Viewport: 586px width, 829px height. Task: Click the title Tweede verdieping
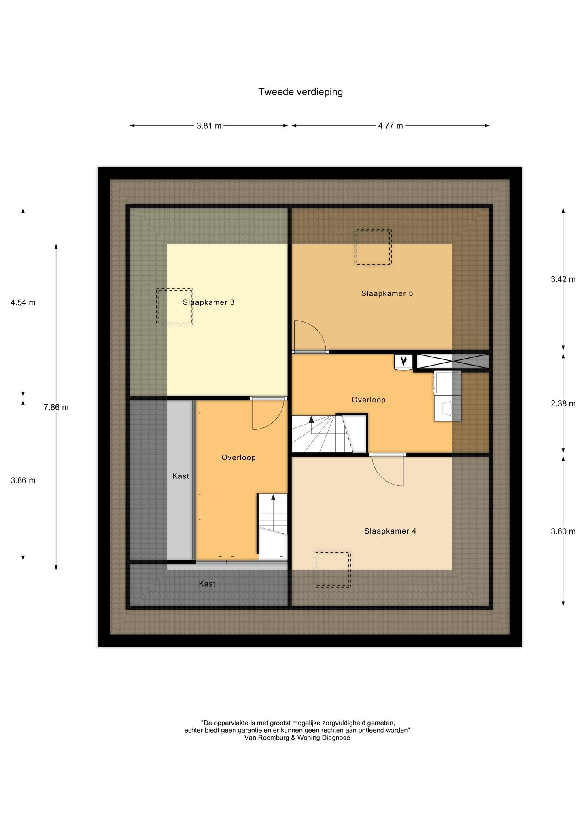point(301,92)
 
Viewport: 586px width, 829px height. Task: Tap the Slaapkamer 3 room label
point(208,302)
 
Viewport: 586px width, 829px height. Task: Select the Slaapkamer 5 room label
point(387,293)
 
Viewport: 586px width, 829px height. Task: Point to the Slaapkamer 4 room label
point(390,531)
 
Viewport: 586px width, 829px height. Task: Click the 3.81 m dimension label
point(209,125)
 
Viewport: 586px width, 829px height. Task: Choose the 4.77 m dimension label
point(391,125)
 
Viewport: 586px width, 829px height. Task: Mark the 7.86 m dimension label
point(56,407)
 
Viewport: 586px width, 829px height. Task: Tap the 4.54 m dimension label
point(23,302)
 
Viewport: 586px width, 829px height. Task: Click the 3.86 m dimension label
point(23,480)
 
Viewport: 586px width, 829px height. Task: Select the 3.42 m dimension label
point(563,279)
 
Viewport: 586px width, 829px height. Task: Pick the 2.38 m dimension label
point(563,403)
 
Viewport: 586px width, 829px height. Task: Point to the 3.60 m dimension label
point(563,531)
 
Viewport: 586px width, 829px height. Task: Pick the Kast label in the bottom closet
point(207,584)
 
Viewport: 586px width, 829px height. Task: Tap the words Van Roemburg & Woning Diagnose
point(297,738)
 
